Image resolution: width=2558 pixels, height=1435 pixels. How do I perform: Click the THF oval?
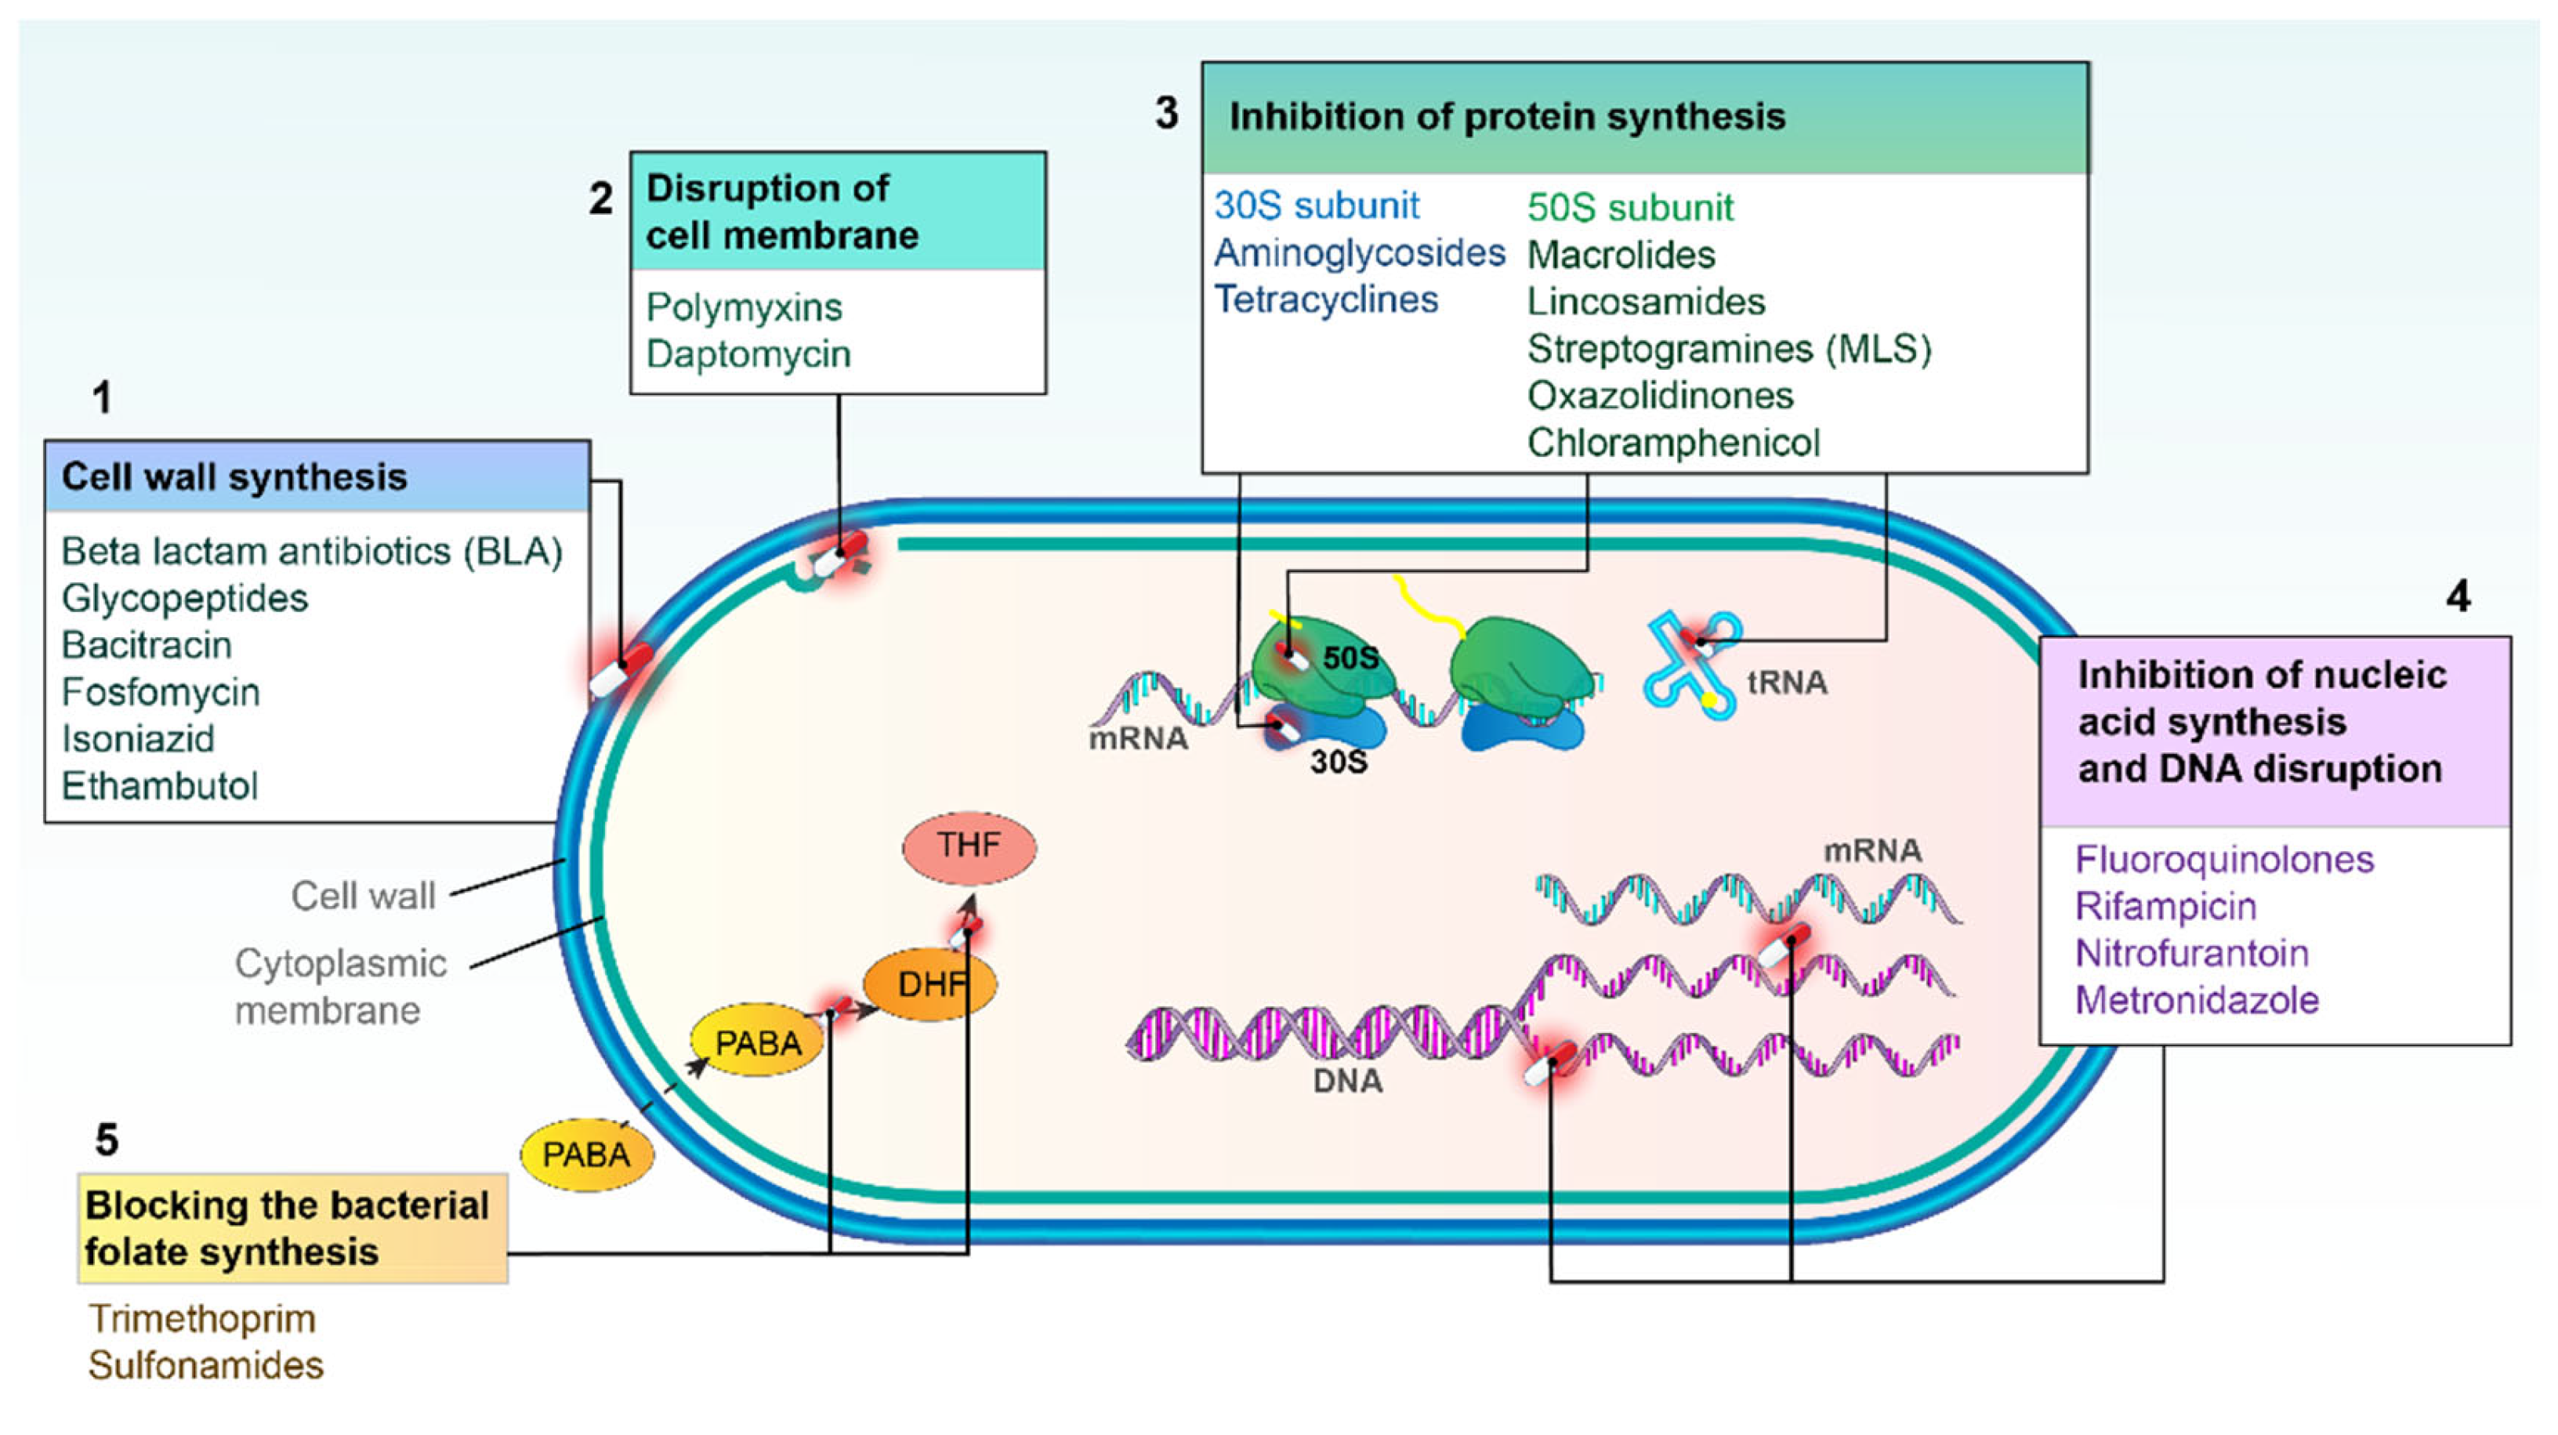(x=968, y=846)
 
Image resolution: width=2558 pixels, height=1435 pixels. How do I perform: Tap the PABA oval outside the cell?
(x=586, y=1154)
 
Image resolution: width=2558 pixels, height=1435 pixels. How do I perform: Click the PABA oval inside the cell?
(x=758, y=1042)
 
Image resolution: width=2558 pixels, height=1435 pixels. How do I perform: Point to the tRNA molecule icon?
(x=1691, y=663)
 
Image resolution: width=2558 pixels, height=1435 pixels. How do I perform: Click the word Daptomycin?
(x=748, y=354)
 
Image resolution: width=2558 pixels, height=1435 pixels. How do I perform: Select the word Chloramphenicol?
(x=1672, y=443)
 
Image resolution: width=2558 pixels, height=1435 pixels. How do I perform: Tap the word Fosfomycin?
(x=161, y=691)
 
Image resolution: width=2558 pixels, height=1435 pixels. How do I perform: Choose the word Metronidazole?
(x=2197, y=1000)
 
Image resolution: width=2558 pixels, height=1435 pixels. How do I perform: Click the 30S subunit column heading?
(x=1316, y=205)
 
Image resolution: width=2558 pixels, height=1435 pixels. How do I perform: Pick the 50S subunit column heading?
(x=1629, y=208)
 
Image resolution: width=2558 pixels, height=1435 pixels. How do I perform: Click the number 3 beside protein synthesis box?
(x=1167, y=113)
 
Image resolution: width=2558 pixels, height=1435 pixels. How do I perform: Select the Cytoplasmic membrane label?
(x=339, y=986)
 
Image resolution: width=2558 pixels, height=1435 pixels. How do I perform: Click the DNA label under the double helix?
(x=1346, y=1081)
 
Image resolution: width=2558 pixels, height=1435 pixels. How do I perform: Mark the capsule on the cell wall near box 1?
(x=621, y=670)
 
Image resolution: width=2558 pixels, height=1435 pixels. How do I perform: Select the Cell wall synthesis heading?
(x=234, y=477)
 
